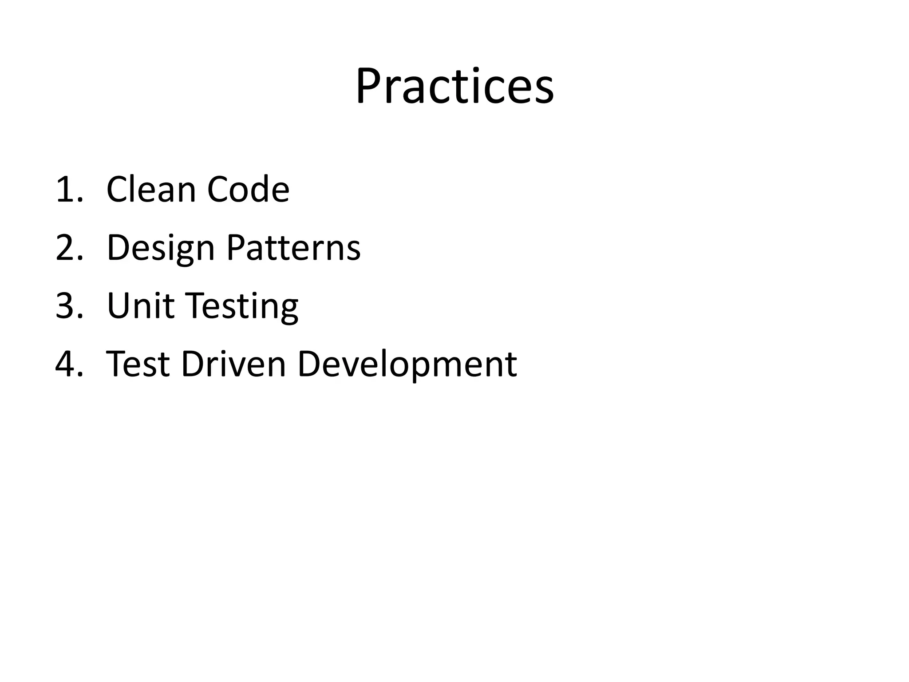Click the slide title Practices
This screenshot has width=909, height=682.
click(x=454, y=86)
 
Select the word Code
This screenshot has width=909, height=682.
click(x=248, y=190)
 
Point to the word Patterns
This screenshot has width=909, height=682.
click(x=293, y=248)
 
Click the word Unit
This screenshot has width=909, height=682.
click(x=141, y=306)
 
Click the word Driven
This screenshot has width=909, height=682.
click(x=233, y=364)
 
